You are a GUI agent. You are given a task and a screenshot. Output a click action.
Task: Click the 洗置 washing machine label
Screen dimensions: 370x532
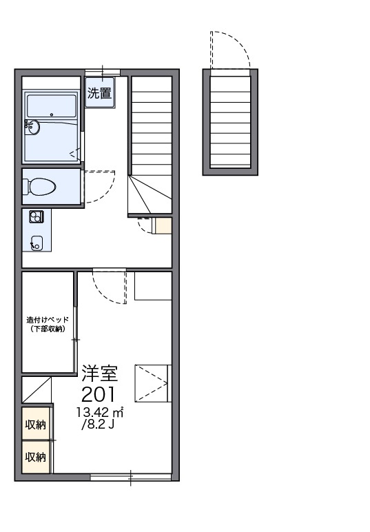(x=100, y=92)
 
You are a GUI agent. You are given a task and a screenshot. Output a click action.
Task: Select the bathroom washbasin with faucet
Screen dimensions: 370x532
(x=32, y=128)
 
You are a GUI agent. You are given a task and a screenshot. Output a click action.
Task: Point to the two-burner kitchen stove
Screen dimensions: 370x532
(x=36, y=216)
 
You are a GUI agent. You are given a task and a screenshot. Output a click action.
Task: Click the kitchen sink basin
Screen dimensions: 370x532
(x=37, y=243)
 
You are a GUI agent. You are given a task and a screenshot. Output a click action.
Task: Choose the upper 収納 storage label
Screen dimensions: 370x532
(x=36, y=424)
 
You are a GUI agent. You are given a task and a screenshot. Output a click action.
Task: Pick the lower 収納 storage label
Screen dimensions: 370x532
(x=36, y=457)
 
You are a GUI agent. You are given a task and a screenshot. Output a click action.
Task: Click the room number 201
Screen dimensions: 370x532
(x=99, y=394)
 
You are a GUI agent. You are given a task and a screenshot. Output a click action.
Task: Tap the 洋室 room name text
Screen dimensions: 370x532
(x=100, y=373)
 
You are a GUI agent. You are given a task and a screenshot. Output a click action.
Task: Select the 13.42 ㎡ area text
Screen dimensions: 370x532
(x=100, y=412)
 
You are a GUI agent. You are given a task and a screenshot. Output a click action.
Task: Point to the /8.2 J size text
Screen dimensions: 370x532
(x=98, y=424)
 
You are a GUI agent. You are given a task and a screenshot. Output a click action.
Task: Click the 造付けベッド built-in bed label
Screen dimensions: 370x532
(x=48, y=320)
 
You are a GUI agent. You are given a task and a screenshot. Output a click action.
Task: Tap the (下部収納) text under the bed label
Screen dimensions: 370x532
(x=48, y=329)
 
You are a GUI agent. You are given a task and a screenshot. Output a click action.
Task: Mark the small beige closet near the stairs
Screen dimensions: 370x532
(x=163, y=225)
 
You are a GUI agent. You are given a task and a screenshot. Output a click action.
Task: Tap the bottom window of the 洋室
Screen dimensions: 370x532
(x=131, y=477)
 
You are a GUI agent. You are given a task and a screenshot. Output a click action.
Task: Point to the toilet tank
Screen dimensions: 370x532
(x=26, y=187)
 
